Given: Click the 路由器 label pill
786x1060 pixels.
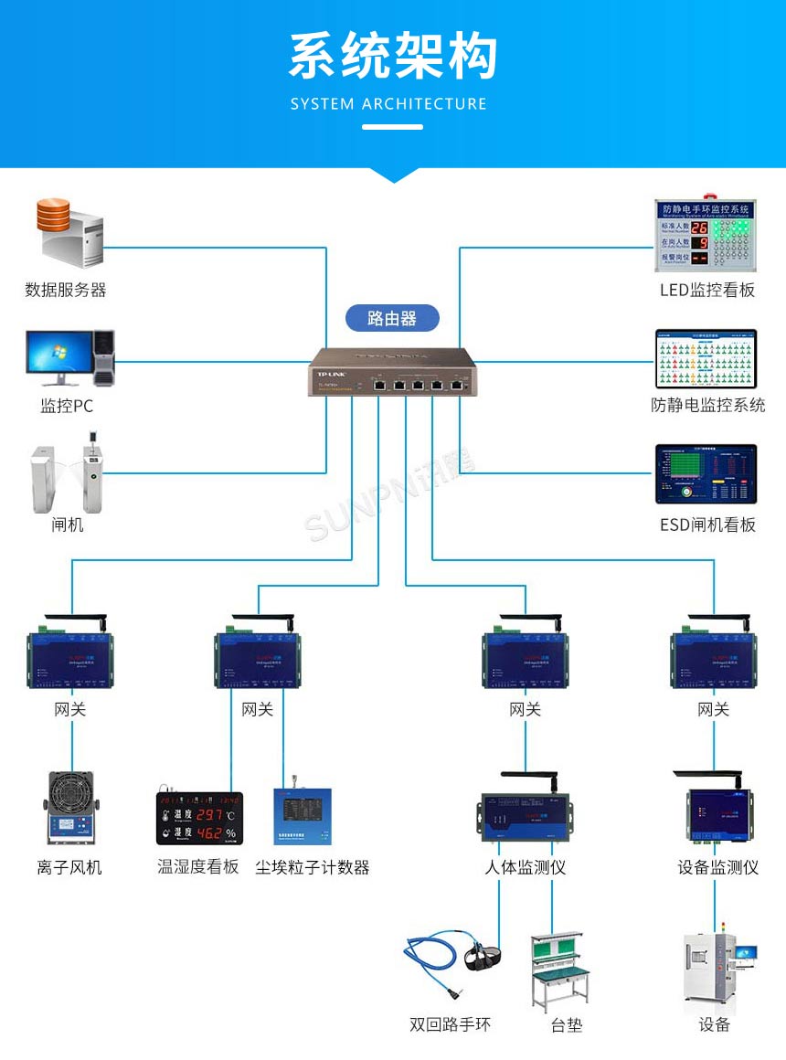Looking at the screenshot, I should click(392, 318).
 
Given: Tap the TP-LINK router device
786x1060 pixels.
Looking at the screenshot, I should click(392, 372).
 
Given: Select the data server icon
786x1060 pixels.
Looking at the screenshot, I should click(69, 233).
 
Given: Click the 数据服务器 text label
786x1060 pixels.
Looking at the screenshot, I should click(66, 290).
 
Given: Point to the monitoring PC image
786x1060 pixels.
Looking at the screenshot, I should click(69, 357).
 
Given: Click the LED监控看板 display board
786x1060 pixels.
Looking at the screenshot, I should click(706, 235).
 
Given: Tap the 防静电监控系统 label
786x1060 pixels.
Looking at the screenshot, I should click(707, 405).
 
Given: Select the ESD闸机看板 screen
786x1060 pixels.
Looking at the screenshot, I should click(706, 474).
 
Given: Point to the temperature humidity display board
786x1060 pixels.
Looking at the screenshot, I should click(199, 818).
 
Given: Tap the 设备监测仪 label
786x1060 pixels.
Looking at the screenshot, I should click(718, 867).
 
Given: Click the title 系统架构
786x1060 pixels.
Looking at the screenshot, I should click(393, 57).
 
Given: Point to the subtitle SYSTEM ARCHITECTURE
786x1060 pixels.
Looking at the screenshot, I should click(388, 103).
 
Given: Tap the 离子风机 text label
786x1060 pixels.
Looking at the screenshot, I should click(69, 867).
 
